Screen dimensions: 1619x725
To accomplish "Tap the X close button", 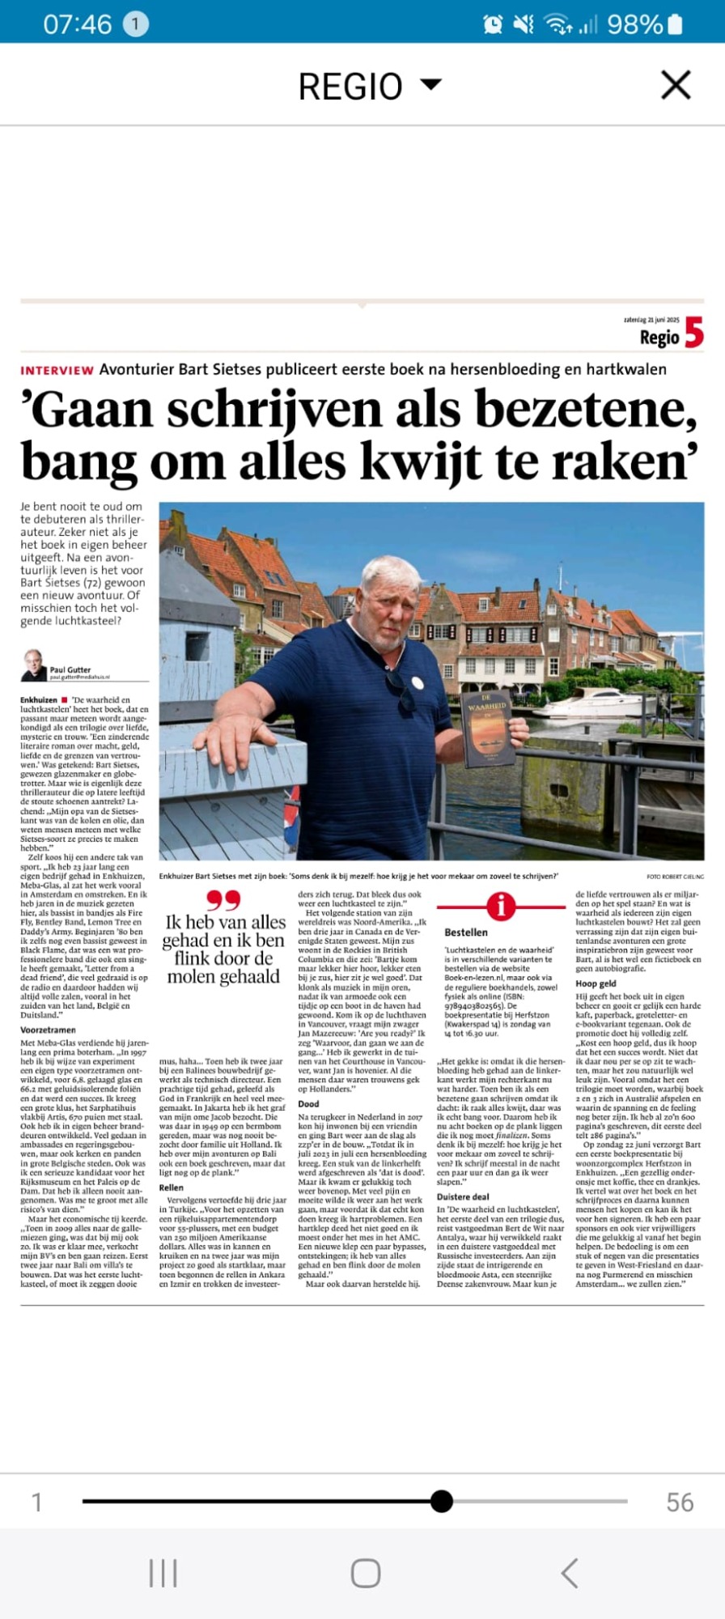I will pos(676,85).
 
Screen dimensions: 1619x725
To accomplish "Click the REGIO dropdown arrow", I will pos(431,83).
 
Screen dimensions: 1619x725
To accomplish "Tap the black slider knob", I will pos(442,1502).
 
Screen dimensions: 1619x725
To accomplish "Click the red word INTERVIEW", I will pos(57,371).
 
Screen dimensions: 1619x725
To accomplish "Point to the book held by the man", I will pos(487,728).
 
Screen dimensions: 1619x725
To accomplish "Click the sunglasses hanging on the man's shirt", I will pos(402,689).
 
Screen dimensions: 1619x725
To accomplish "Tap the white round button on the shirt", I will pos(418,682).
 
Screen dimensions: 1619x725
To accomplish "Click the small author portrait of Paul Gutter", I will pos(33,665).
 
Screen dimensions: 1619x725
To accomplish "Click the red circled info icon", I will pos(501,906).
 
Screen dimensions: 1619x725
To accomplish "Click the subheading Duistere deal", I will pos(463,1196).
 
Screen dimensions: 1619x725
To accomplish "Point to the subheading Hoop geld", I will pos(596,984).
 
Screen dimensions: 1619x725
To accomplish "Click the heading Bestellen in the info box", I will pos(466,933).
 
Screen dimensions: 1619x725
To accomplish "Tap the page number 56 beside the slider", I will pos(680,1502).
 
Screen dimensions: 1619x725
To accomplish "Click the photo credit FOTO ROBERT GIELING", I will pos(675,877).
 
